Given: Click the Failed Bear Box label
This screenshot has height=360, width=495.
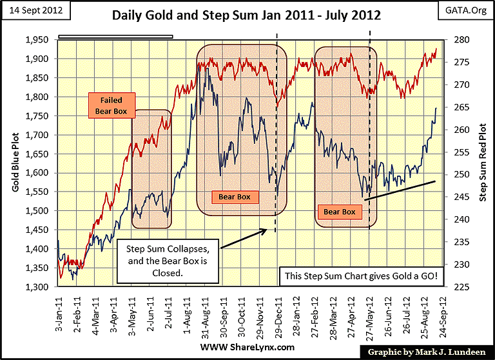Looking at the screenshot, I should [111, 106].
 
